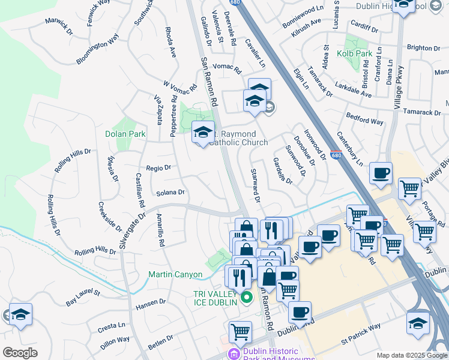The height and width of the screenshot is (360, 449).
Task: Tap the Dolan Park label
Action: coord(125,134)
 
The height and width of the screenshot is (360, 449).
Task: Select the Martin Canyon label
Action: coord(175,275)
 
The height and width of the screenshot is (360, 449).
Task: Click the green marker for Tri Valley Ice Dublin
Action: coord(245,297)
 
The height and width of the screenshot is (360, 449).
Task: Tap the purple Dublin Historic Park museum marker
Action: coord(234,354)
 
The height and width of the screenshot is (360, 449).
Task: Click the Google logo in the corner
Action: coord(20,353)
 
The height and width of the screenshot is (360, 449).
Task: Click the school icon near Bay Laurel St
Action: coord(20,314)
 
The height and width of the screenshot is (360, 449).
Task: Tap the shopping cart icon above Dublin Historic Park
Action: coord(240,331)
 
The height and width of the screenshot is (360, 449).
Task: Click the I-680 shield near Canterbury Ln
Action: coord(336,154)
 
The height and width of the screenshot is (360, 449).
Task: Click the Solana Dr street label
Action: coord(170,193)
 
